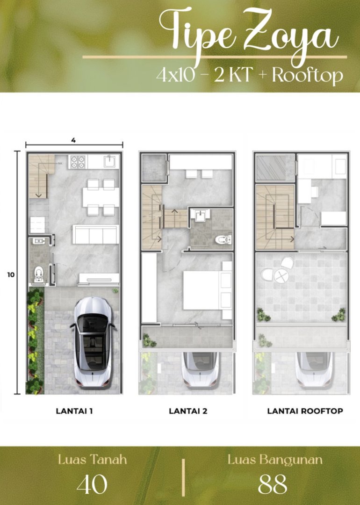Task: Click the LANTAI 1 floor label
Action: (74, 411)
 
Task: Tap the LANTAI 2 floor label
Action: (188, 411)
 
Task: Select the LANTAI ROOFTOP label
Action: (305, 411)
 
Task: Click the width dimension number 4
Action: (73, 140)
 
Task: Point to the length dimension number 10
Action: (11, 275)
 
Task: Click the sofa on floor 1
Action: (95, 234)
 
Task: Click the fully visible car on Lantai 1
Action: (93, 341)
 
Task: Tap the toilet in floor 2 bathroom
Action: (223, 239)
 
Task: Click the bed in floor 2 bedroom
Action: (208, 290)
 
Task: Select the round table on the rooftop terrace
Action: (281, 276)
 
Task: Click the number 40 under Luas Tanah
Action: (92, 484)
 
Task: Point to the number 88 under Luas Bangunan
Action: (273, 484)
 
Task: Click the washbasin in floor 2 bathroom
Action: (200, 215)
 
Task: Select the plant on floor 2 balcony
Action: (149, 341)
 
